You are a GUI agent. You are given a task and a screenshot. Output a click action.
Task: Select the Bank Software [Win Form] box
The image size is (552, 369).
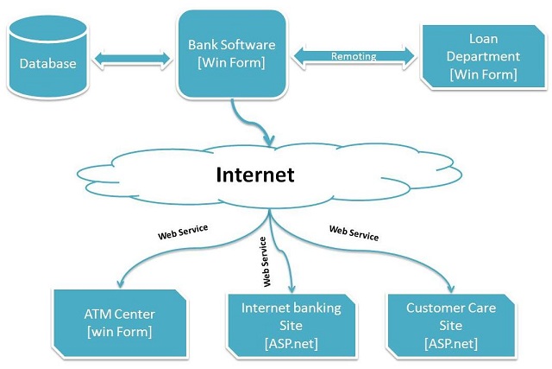(232, 54)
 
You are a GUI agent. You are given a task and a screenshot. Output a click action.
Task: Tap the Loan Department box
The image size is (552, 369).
(483, 56)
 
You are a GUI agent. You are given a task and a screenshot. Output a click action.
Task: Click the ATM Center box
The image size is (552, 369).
(120, 323)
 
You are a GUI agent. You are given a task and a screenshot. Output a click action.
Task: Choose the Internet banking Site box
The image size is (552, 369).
(292, 326)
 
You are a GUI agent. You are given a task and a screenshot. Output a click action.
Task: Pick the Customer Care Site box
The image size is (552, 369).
(451, 326)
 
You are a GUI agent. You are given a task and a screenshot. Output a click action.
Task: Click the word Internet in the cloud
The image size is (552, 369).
(255, 175)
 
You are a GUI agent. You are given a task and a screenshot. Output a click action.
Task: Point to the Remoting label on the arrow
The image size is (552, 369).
(354, 56)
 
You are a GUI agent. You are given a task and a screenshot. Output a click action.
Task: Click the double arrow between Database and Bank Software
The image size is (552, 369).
(132, 59)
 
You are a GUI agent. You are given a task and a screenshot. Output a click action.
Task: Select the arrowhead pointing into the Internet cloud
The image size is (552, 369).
(269, 140)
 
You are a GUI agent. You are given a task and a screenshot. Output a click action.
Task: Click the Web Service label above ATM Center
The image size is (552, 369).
(183, 232)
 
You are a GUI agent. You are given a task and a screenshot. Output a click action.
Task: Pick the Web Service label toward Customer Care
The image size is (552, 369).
(354, 233)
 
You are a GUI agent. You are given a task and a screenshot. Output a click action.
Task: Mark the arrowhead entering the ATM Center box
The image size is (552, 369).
(121, 283)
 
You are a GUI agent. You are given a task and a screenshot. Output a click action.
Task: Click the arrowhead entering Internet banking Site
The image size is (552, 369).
(292, 289)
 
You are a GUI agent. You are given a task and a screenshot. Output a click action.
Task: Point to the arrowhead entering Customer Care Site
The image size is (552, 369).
(450, 289)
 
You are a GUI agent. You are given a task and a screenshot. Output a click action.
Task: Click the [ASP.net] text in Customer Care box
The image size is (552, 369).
(451, 343)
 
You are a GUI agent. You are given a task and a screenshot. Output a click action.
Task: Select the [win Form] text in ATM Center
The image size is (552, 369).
(120, 332)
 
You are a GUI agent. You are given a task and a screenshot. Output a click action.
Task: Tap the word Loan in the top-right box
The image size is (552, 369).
(483, 38)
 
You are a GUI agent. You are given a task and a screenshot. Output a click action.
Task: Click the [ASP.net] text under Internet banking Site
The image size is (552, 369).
(292, 343)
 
